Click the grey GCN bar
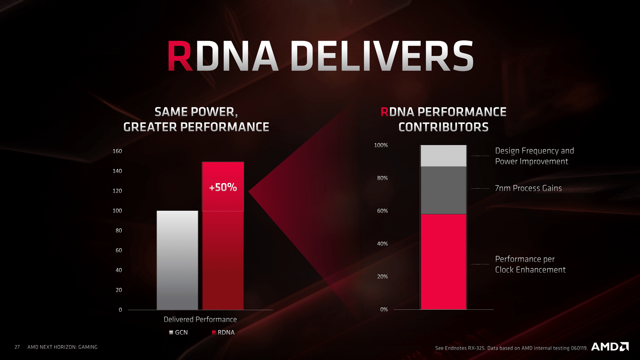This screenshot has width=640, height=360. coord(177,260)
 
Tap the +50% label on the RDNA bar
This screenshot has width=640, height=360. coord(223,187)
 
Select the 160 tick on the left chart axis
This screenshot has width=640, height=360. coord(117,151)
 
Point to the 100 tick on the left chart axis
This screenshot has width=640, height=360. coord(117,211)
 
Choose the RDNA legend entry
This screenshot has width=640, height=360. coord(223,332)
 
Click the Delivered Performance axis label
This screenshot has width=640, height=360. coord(200,319)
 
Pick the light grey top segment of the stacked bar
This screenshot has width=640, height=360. coord(443,156)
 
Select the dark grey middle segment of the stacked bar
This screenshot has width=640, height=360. coord(443,190)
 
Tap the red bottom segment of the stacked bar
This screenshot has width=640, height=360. coord(443,262)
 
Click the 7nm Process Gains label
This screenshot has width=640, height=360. coord(528,188)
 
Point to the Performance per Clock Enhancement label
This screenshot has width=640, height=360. coord(530,264)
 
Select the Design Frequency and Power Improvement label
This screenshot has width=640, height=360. coord(534,156)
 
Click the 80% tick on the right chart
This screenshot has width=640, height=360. coord(382,178)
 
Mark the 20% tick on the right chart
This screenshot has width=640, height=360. coord(382,277)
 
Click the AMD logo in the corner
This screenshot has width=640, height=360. coord(610,347)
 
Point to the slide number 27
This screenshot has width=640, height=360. coord(17,347)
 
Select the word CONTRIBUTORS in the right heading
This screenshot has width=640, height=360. coord(443,127)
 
